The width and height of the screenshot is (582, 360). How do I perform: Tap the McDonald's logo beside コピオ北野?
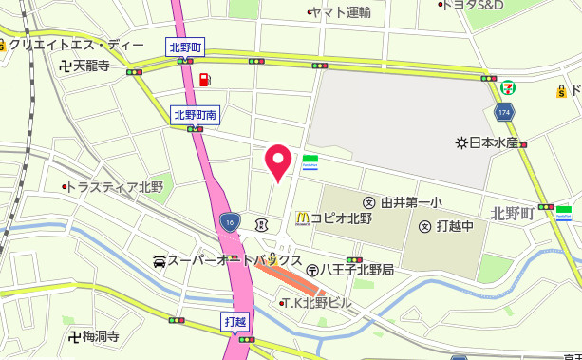pyautogui.click(x=302, y=218)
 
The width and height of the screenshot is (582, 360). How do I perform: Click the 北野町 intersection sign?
pyautogui.click(x=186, y=46)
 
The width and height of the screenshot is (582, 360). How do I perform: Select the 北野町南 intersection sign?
pyautogui.click(x=197, y=114)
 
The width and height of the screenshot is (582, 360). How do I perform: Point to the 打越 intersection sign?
pyautogui.click(x=235, y=321)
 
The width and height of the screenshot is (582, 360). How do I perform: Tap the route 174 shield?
pyautogui.click(x=503, y=113)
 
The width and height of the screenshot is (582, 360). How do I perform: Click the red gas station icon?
pyautogui.click(x=205, y=78)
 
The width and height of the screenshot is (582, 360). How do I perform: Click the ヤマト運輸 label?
pyautogui.click(x=340, y=12)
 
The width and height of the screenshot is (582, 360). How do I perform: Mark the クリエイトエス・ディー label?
pyautogui.click(x=76, y=46)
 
